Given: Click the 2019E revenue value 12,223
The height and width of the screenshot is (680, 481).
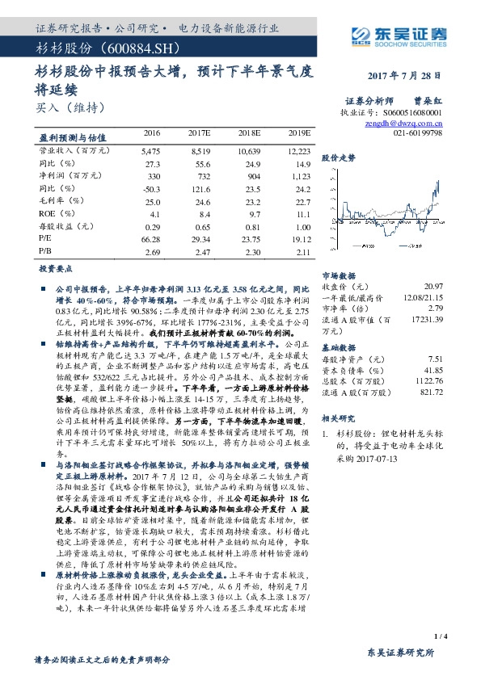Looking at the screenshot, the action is coord(298,150).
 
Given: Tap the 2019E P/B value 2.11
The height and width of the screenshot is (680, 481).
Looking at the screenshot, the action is coord(301,252).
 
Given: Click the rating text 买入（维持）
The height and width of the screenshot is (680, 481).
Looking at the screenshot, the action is coord(72,107).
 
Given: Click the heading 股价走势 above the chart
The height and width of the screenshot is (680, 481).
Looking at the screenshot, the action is coord(339,158).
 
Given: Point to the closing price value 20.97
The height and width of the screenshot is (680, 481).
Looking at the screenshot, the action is coord(433,287).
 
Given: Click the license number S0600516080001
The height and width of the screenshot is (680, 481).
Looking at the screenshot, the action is coord(411,114).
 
